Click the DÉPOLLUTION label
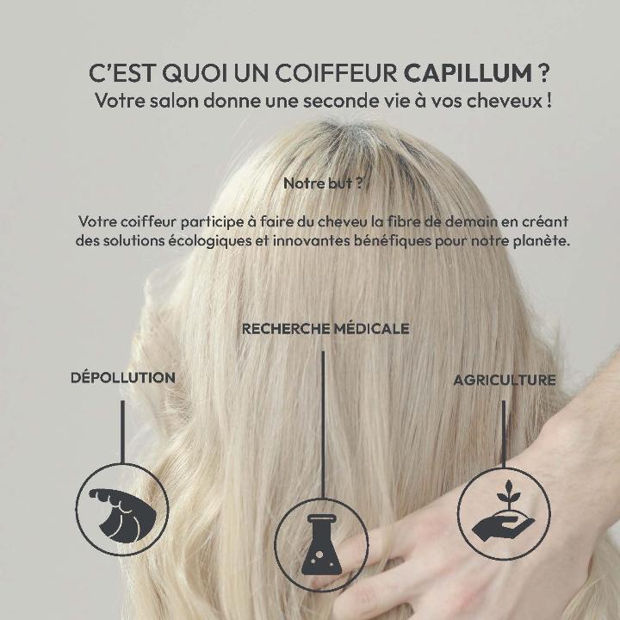[x=122, y=377]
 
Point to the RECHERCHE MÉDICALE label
[x=325, y=329]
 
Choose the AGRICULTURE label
[x=505, y=380]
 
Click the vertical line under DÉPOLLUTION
[x=122, y=431]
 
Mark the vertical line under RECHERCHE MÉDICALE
[x=324, y=422]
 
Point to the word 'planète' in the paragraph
[x=542, y=240]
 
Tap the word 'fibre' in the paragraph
[x=410, y=221]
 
